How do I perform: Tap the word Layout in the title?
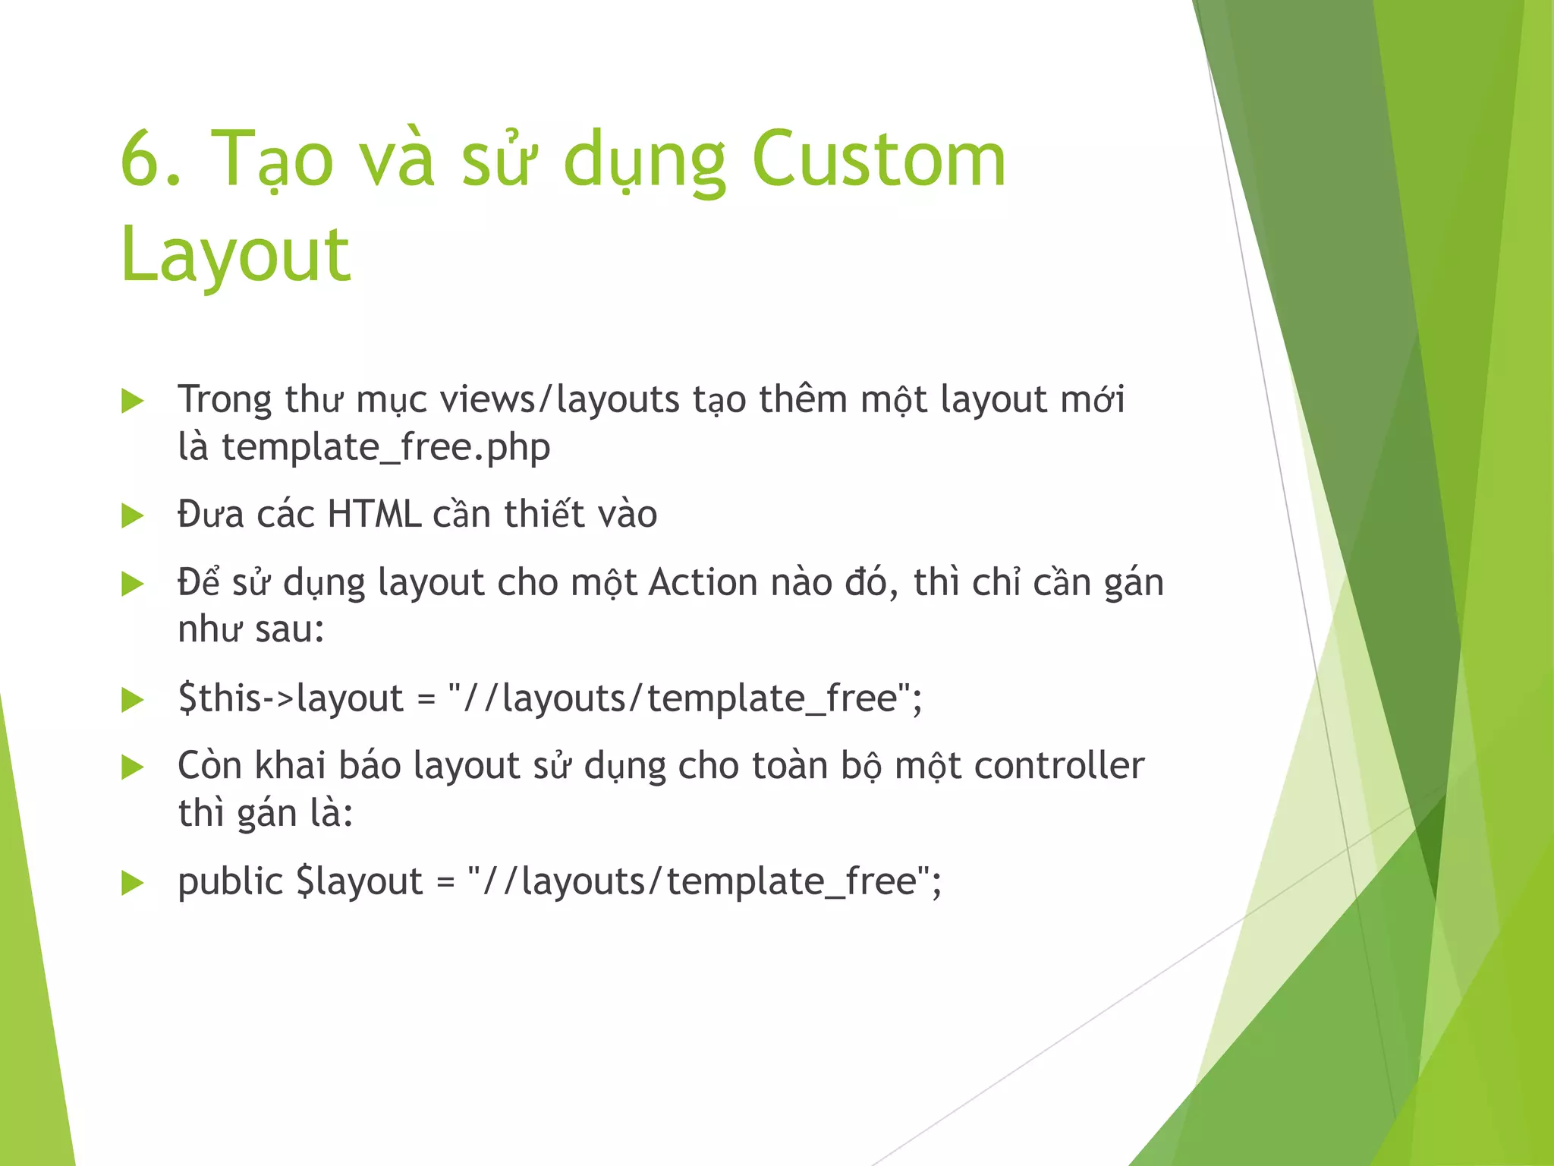coord(235,254)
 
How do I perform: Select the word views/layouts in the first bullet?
coord(559,400)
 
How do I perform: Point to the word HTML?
coord(373,515)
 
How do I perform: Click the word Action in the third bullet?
coord(703,583)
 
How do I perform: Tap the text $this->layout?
coord(290,698)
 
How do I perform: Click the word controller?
coord(1059,766)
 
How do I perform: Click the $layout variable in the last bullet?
coord(359,882)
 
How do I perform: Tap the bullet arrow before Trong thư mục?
coord(132,401)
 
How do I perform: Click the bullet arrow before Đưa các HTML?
coord(132,516)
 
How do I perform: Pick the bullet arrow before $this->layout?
coord(132,700)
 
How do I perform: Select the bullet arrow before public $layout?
coord(132,883)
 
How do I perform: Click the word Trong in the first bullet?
coord(224,400)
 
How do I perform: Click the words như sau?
coord(250,630)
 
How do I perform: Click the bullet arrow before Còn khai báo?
coord(132,767)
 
